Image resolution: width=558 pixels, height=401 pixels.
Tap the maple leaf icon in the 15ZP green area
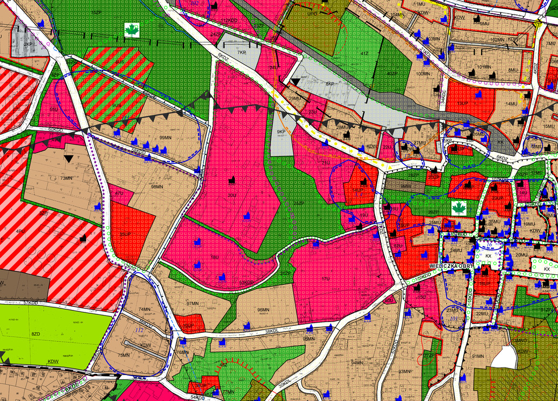pyautogui.click(x=132, y=30)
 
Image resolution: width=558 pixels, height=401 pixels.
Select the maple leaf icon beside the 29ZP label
pyautogui.click(x=459, y=207)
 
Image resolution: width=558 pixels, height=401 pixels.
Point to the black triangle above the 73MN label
pyautogui.click(x=68, y=159)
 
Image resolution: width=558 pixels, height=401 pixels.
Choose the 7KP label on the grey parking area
pyautogui.click(x=242, y=53)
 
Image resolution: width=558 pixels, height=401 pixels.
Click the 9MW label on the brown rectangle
pyautogui.click(x=406, y=186)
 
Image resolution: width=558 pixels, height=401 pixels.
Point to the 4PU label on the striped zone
pyautogui.click(x=21, y=232)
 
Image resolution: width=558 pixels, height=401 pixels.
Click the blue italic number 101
pyautogui.click(x=454, y=319)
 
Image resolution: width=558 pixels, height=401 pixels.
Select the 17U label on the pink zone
pyautogui.click(x=325, y=279)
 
